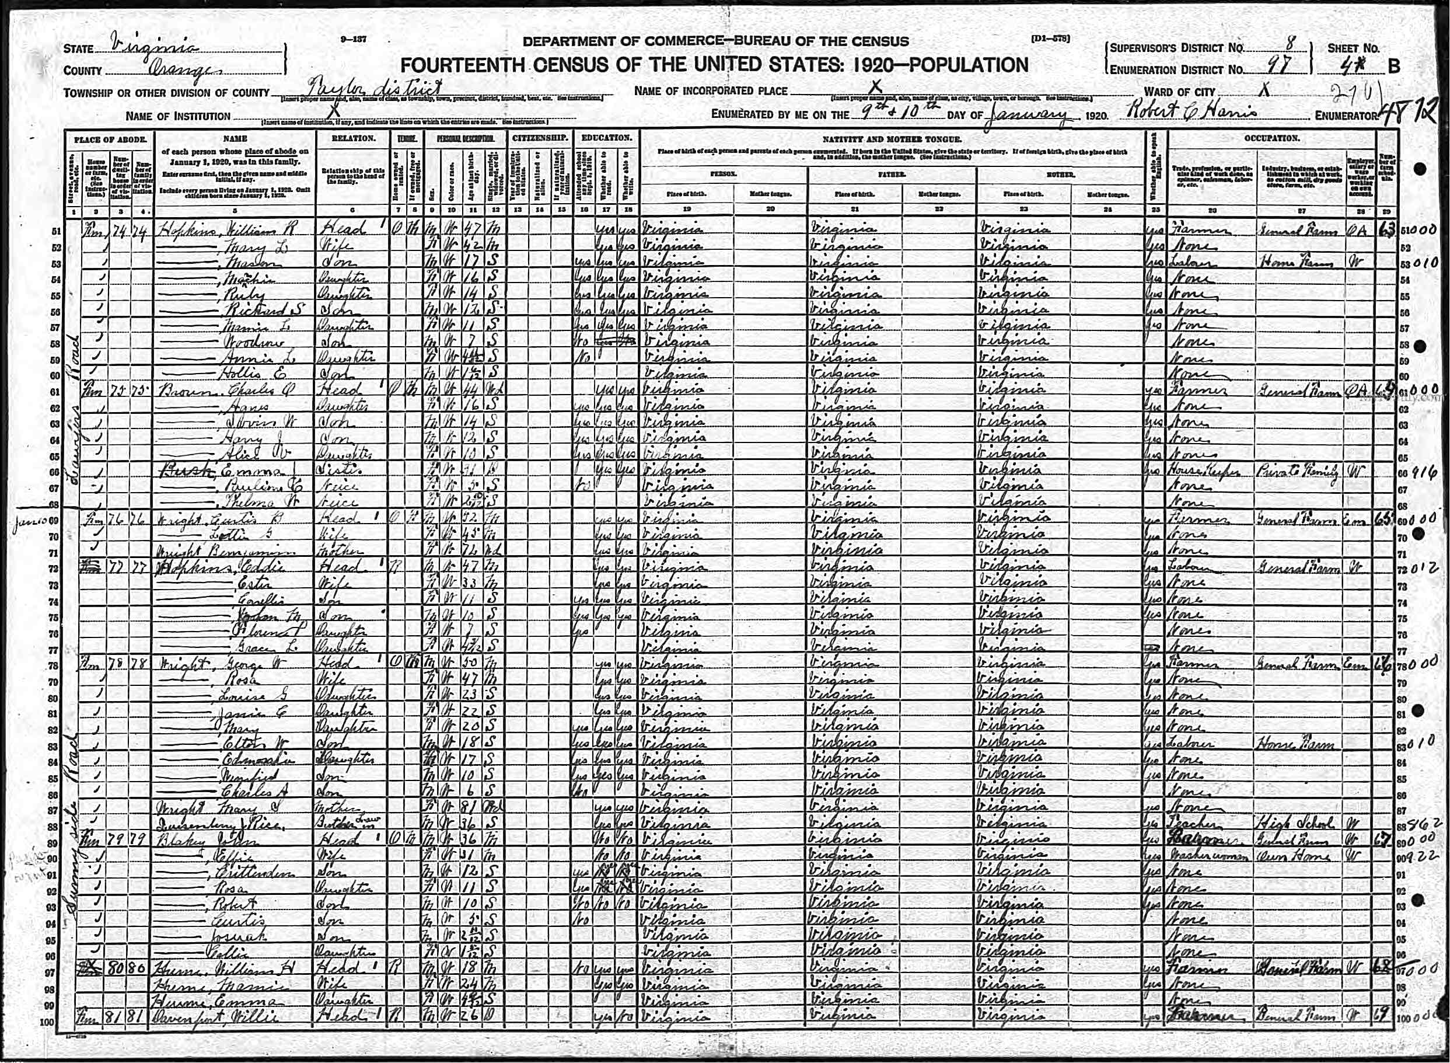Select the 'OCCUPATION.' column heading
[x=1271, y=138]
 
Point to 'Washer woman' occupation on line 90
[x=1210, y=856]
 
